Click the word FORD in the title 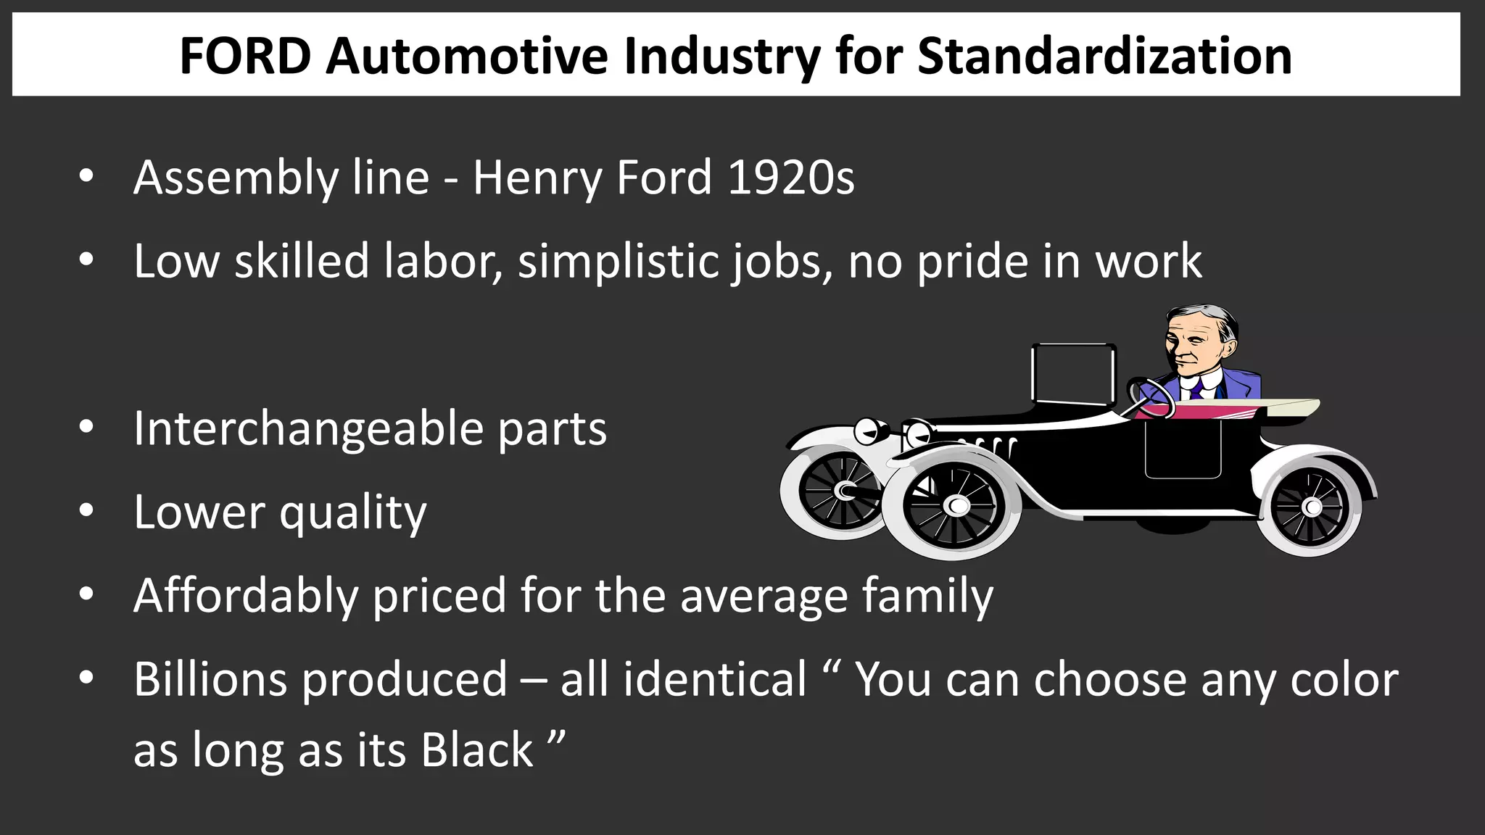pyautogui.click(x=245, y=56)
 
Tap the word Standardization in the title pyautogui.click(x=1104, y=56)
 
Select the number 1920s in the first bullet pyautogui.click(x=791, y=178)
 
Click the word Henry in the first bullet pyautogui.click(x=537, y=179)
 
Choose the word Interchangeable pyautogui.click(x=308, y=429)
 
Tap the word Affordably pyautogui.click(x=246, y=597)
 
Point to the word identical pyautogui.click(x=715, y=680)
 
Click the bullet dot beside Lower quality pyautogui.click(x=86, y=511)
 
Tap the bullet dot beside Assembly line pyautogui.click(x=86, y=176)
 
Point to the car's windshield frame pyautogui.click(x=1073, y=373)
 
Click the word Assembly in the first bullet pyautogui.click(x=236, y=179)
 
